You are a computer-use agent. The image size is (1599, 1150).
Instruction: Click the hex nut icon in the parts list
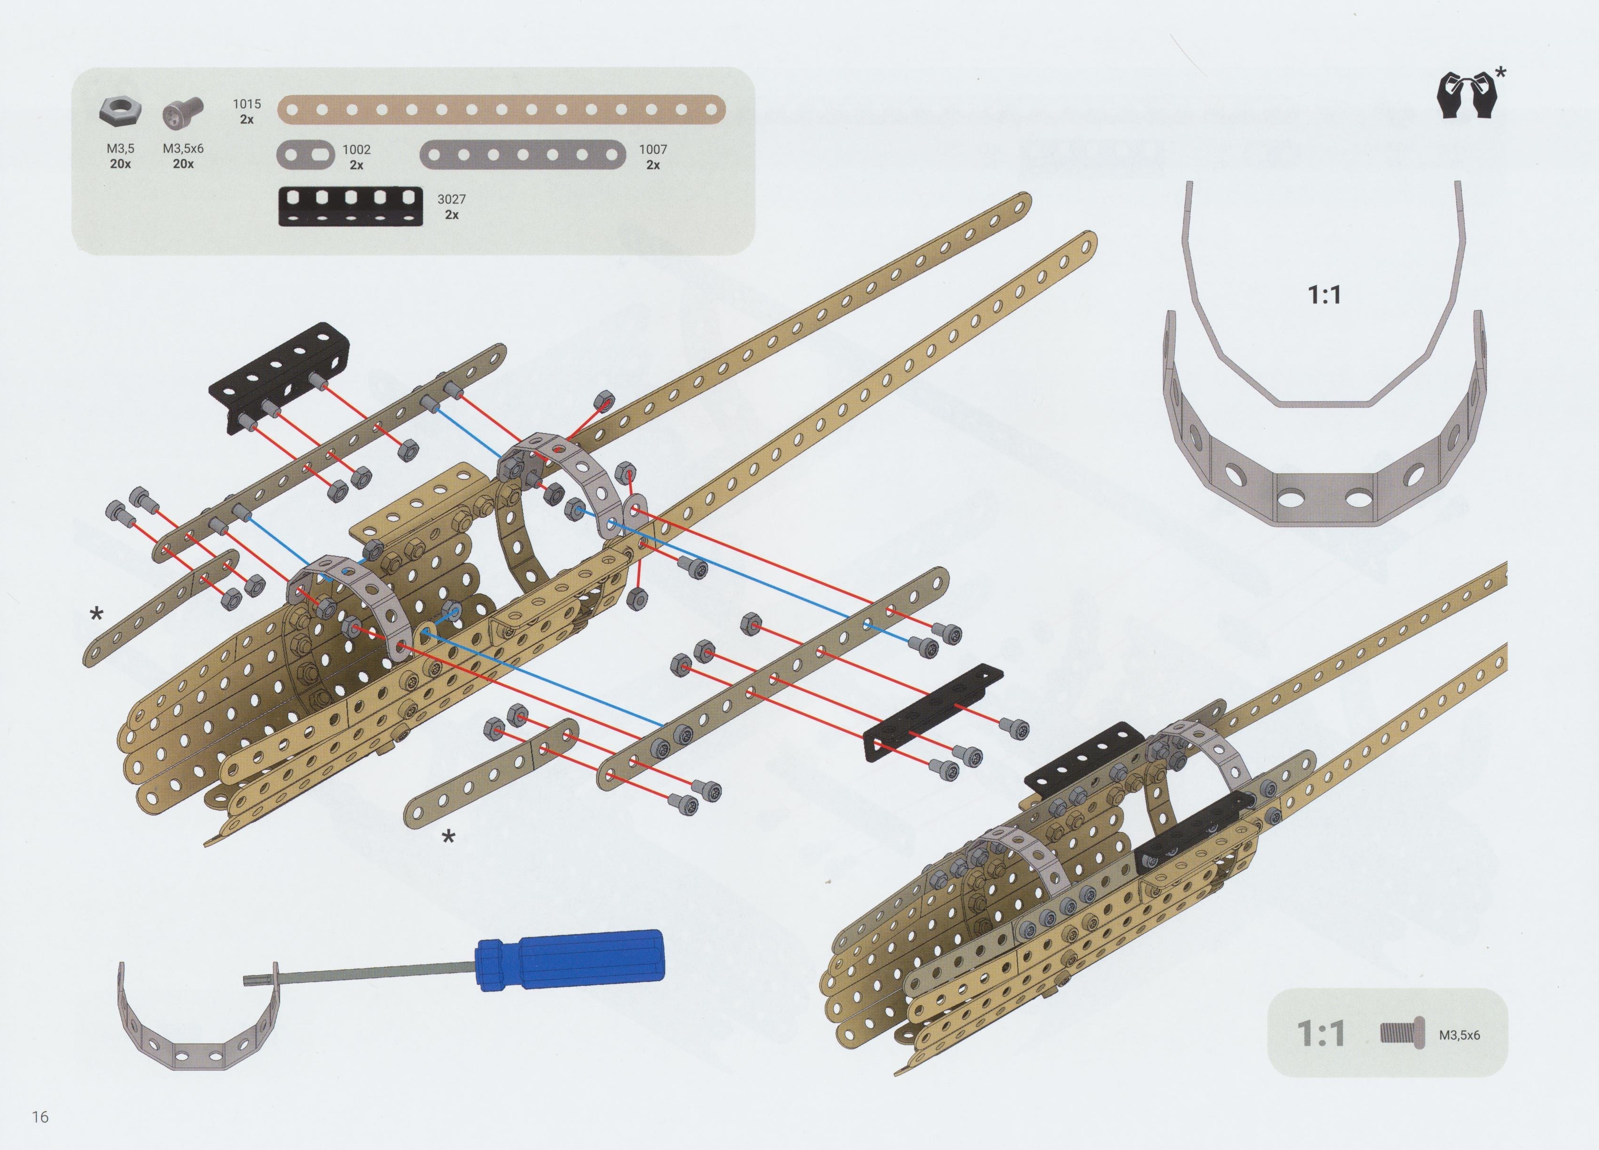[120, 111]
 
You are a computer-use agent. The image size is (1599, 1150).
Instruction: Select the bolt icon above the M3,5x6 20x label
[183, 113]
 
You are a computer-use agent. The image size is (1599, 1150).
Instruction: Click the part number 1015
[247, 104]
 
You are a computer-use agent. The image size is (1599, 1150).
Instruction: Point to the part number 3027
[451, 200]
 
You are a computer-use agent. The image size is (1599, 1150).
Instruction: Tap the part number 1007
[653, 150]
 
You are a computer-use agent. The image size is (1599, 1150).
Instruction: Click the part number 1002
[356, 150]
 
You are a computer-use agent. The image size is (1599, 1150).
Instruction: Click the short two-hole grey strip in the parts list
[306, 154]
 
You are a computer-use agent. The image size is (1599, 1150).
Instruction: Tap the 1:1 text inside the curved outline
[1324, 295]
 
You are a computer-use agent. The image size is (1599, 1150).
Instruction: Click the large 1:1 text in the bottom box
[1320, 1034]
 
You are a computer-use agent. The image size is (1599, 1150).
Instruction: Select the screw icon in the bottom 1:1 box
[1402, 1034]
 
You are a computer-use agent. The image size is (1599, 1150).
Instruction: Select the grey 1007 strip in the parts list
[522, 154]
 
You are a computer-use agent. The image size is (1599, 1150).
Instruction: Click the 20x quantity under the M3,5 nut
[120, 164]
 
